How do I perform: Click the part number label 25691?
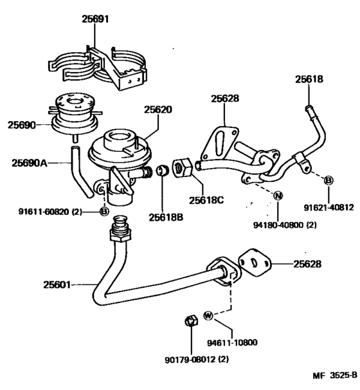[94, 19]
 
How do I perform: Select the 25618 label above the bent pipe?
[309, 79]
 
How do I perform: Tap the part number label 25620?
[157, 110]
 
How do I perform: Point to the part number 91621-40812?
[328, 207]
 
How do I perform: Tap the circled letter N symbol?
[278, 196]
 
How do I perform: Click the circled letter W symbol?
[208, 315]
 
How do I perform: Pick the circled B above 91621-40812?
[328, 180]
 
